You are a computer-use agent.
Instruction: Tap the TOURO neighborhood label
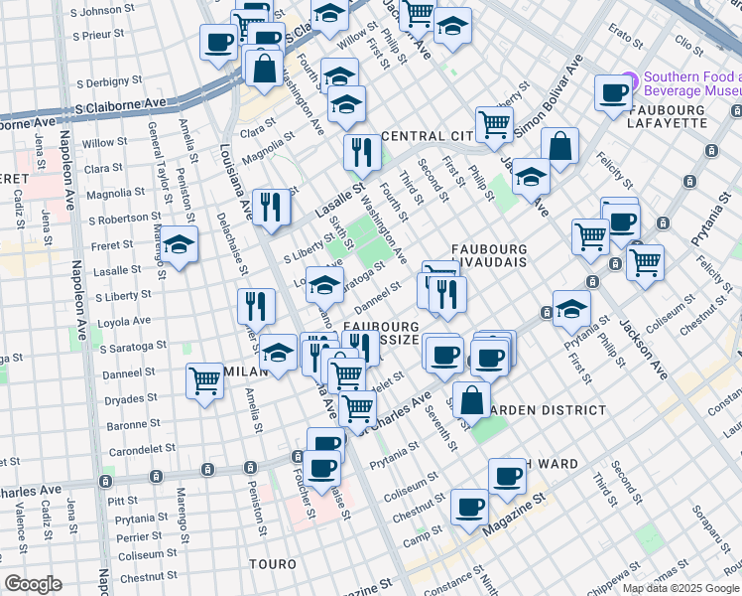coord(273,564)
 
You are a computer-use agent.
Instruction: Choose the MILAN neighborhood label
coord(240,370)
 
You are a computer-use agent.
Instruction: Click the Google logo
coord(34,584)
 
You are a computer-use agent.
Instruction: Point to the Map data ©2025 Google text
coord(680,588)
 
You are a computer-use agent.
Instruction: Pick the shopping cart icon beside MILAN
coord(205,379)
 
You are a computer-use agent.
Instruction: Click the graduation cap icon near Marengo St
coord(180,244)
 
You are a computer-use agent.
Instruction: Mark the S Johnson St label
coord(93,11)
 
